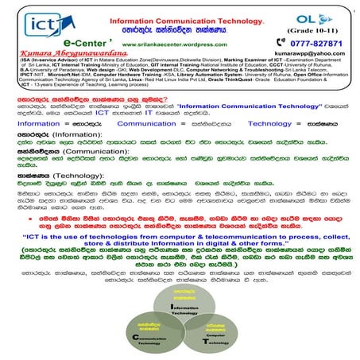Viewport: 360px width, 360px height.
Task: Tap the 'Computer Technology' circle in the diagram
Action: pos(210,336)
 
